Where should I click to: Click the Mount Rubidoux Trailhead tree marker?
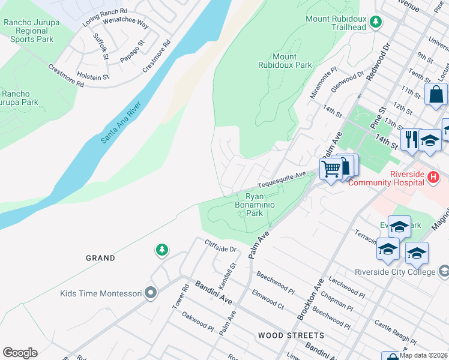coord(376,22)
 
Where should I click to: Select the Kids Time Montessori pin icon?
coord(150,293)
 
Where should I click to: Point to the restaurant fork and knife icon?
coord(411,140)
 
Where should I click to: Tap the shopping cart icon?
coord(331,169)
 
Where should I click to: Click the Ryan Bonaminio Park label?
coord(255,205)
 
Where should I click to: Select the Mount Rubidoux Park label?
coord(285,61)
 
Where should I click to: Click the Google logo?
coord(20,353)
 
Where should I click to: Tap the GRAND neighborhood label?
coord(100,258)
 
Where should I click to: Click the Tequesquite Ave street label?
coord(282,179)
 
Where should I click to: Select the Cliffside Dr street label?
coord(221,246)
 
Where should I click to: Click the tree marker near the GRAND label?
coord(161,249)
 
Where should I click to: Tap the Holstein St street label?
coord(92,77)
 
